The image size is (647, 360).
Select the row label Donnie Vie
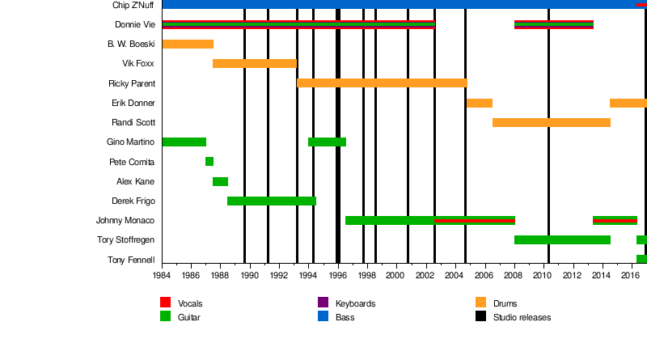pos(135,24)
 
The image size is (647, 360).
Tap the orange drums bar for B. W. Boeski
pos(188,44)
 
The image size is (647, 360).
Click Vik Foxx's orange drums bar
pos(254,63)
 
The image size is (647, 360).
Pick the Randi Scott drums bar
pos(551,122)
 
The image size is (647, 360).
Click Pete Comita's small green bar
pos(209,162)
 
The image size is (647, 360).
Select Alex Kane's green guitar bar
pos(220,181)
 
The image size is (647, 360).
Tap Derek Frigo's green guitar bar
pos(271,201)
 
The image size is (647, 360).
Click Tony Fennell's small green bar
pos(641,259)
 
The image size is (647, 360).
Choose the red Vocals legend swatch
pos(165,303)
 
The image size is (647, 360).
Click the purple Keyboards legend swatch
pos(323,303)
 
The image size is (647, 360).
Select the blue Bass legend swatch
pos(323,317)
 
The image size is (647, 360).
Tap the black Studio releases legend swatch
pos(481,317)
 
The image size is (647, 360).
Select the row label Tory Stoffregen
pos(126,240)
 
